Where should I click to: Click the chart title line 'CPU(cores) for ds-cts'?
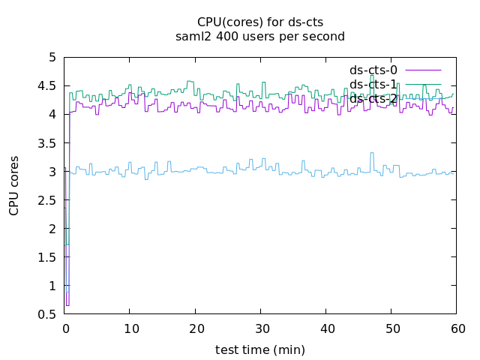click(259, 22)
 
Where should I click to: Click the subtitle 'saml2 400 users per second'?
click(259, 36)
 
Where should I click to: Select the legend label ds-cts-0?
click(373, 70)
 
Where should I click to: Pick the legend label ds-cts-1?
click(373, 84)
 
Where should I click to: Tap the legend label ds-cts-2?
click(373, 98)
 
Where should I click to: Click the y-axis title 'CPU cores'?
click(14, 185)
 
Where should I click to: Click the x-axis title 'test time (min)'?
click(259, 349)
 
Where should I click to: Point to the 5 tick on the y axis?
click(52, 57)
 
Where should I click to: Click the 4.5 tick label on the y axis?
click(47, 85)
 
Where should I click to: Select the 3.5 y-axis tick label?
click(47, 142)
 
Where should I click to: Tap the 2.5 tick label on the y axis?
click(47, 200)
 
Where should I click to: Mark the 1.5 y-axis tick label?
click(47, 257)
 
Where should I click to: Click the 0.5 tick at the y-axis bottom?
click(47, 314)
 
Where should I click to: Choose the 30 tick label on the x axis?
click(260, 328)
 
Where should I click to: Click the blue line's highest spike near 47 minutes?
click(371, 153)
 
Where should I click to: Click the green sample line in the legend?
click(424, 84)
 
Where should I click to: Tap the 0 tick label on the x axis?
click(64, 328)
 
